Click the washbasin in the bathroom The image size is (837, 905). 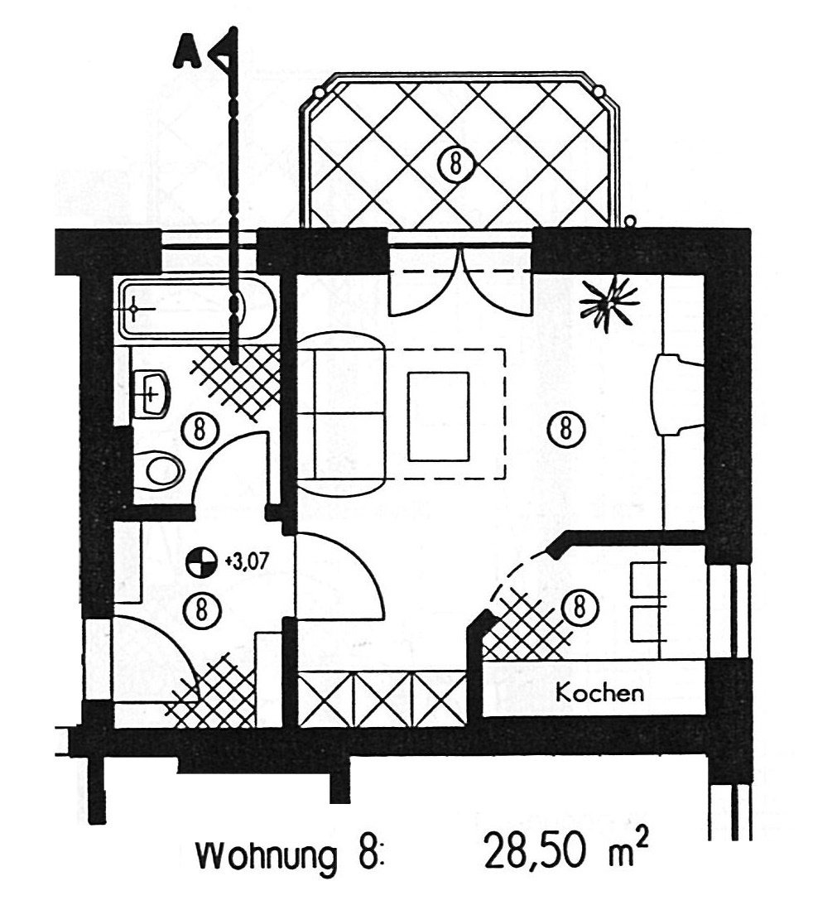pos(154,392)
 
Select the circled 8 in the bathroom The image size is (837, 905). pos(199,429)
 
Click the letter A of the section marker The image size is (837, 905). pos(186,51)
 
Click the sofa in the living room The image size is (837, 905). pos(341,414)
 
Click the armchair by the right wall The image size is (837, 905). pos(676,395)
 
